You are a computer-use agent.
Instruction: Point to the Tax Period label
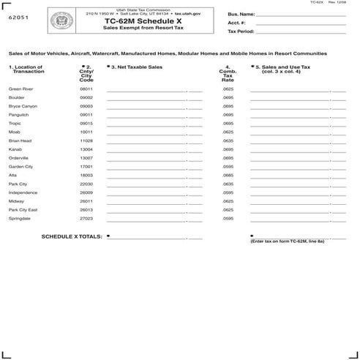coord(241,32)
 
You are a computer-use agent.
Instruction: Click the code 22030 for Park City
coord(86,184)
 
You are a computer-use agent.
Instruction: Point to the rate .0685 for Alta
coord(228,175)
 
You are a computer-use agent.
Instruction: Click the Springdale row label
coord(19,218)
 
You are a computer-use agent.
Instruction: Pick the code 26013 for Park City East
coord(86,209)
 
